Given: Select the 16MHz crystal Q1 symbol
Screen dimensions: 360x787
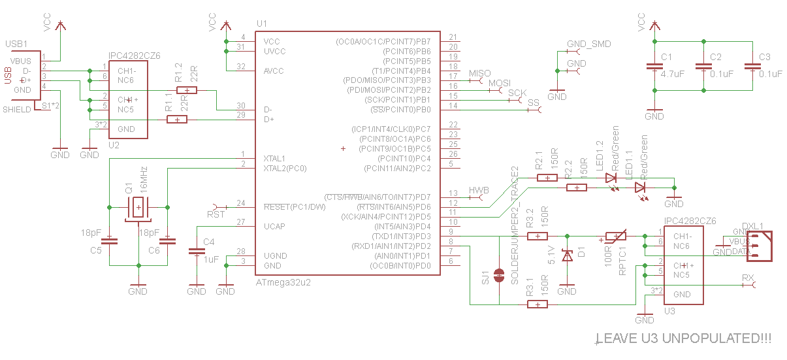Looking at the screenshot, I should pos(138,207).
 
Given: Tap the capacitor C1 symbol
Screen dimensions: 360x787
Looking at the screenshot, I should pos(654,67).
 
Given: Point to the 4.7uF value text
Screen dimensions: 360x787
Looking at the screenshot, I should pos(671,74).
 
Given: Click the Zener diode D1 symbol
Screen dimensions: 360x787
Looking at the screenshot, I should pos(568,255).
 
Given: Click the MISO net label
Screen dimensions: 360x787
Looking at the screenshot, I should pos(479,73).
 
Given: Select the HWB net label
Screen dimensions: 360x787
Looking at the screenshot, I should pos(479,191).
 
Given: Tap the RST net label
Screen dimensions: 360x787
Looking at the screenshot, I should pos(216,214).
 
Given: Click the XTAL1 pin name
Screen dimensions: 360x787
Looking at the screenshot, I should pos(274,158).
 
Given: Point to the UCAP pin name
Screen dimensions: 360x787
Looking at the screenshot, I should pos(275,226).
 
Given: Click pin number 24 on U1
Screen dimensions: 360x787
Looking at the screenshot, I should pos(241,203).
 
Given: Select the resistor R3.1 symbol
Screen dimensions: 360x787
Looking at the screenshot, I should pos(538,304).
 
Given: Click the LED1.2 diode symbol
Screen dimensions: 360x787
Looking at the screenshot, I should pos(611,178).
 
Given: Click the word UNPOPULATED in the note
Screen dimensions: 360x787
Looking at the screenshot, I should pos(709,338).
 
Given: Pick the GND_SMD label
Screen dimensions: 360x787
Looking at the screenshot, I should pos(588,44).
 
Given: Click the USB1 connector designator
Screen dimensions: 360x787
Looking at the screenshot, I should pos(16,44).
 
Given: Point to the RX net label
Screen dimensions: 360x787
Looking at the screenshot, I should pos(748,278).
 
